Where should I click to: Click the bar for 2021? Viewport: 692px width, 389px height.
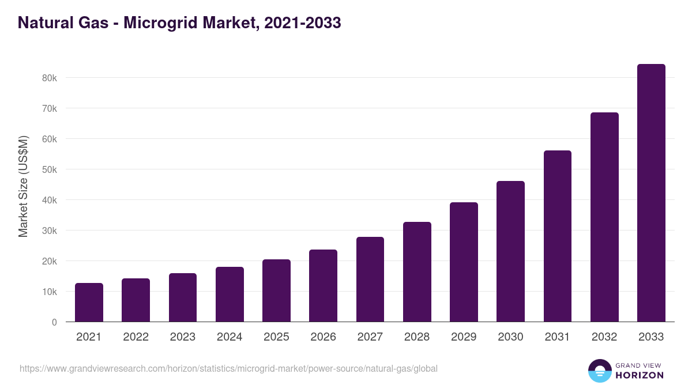coord(89,303)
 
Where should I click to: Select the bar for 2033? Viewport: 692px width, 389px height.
coord(651,193)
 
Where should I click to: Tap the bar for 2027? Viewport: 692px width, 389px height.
coord(370,280)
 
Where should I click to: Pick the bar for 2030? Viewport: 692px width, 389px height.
coord(510,252)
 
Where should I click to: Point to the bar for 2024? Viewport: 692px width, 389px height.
coord(230,294)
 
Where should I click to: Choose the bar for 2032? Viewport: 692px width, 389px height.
coord(604,217)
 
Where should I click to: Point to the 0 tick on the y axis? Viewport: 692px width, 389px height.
coord(54,322)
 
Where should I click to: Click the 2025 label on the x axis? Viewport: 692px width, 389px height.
coord(276,337)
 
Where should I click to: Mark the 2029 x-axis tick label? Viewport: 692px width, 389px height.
coord(464,337)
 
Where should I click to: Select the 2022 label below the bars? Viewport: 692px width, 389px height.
coord(136,337)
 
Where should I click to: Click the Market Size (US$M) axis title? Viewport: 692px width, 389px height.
coord(23,186)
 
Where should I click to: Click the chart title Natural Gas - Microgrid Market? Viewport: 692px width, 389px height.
coord(179,22)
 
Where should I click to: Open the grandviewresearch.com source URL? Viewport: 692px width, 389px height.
coord(228,368)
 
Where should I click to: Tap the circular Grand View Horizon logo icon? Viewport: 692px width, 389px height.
coord(599,371)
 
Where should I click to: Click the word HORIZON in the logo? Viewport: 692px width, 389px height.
coord(639,375)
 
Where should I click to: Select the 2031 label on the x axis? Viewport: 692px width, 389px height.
coord(558,337)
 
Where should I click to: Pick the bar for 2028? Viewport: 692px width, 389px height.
coord(417,272)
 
